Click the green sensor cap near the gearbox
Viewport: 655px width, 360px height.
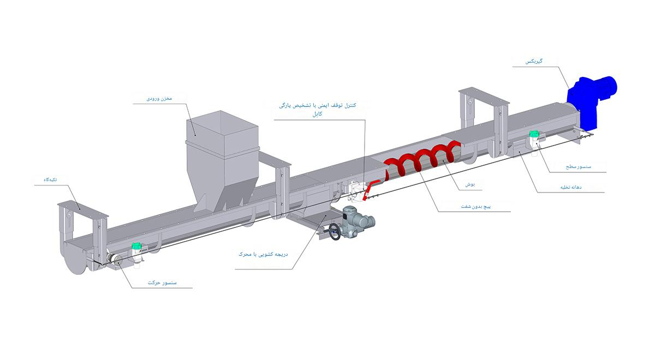coord(534,133)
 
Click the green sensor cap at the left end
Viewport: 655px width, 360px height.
coord(137,247)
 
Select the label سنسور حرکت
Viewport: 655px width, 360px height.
coord(161,283)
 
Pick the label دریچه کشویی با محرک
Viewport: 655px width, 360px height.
coord(264,254)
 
